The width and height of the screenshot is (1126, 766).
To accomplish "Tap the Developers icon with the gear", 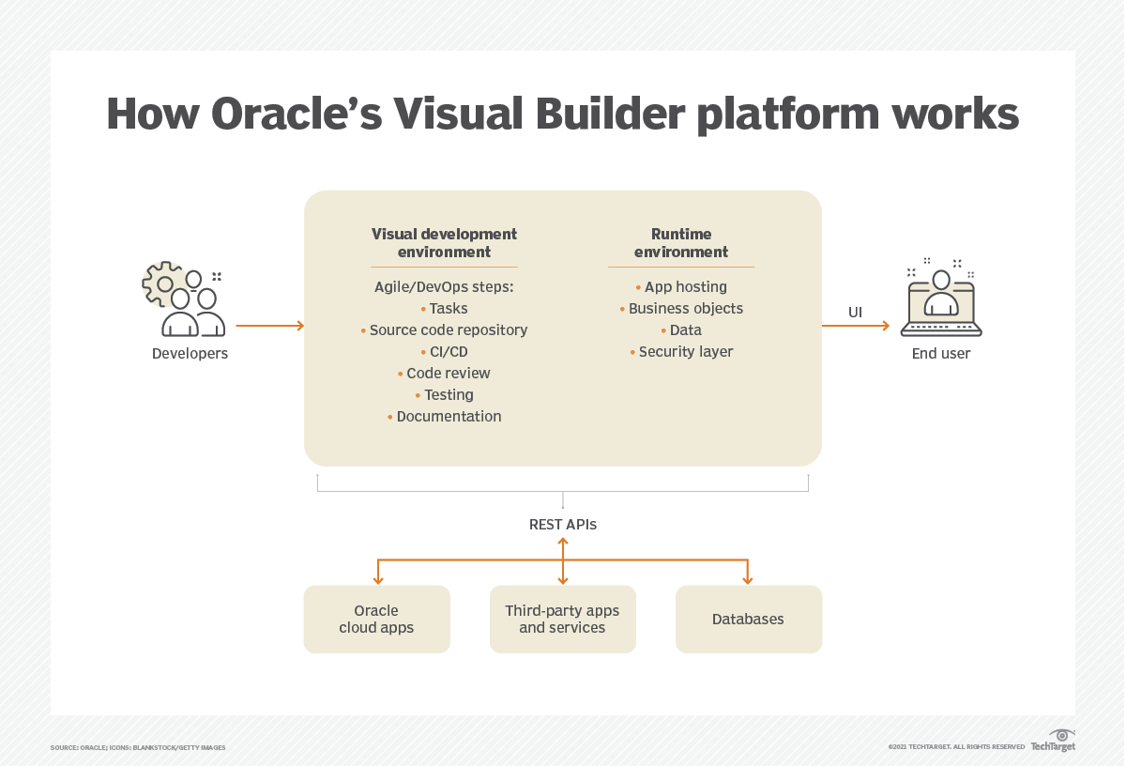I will click(184, 299).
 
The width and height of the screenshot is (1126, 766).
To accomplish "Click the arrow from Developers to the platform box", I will click(269, 326).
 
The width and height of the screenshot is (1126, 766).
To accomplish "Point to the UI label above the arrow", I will click(855, 312).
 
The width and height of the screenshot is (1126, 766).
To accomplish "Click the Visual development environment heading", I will click(444, 242).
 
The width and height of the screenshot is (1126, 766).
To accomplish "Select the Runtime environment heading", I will click(681, 242).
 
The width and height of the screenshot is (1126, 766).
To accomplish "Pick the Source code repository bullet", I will click(448, 330).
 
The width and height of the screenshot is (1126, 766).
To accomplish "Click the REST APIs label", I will click(563, 525).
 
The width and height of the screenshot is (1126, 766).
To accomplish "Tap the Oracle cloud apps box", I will click(376, 620).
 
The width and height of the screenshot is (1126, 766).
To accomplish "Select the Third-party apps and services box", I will click(562, 620).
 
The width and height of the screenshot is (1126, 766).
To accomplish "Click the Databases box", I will click(748, 620).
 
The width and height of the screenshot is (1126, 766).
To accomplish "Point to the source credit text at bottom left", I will click(138, 748).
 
